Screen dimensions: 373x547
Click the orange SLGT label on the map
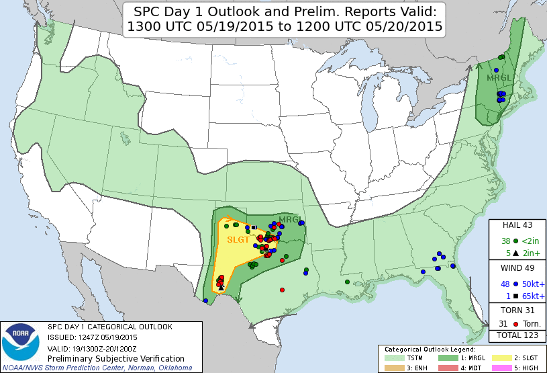238,240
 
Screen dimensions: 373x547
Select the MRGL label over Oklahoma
290,220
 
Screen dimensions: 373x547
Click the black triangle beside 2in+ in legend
515,253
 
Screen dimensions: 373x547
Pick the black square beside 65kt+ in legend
515,296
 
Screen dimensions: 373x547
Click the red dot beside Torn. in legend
515,323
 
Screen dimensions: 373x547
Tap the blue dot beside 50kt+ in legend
515,284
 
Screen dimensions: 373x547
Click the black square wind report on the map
254,227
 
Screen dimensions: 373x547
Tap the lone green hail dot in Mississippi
347,282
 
